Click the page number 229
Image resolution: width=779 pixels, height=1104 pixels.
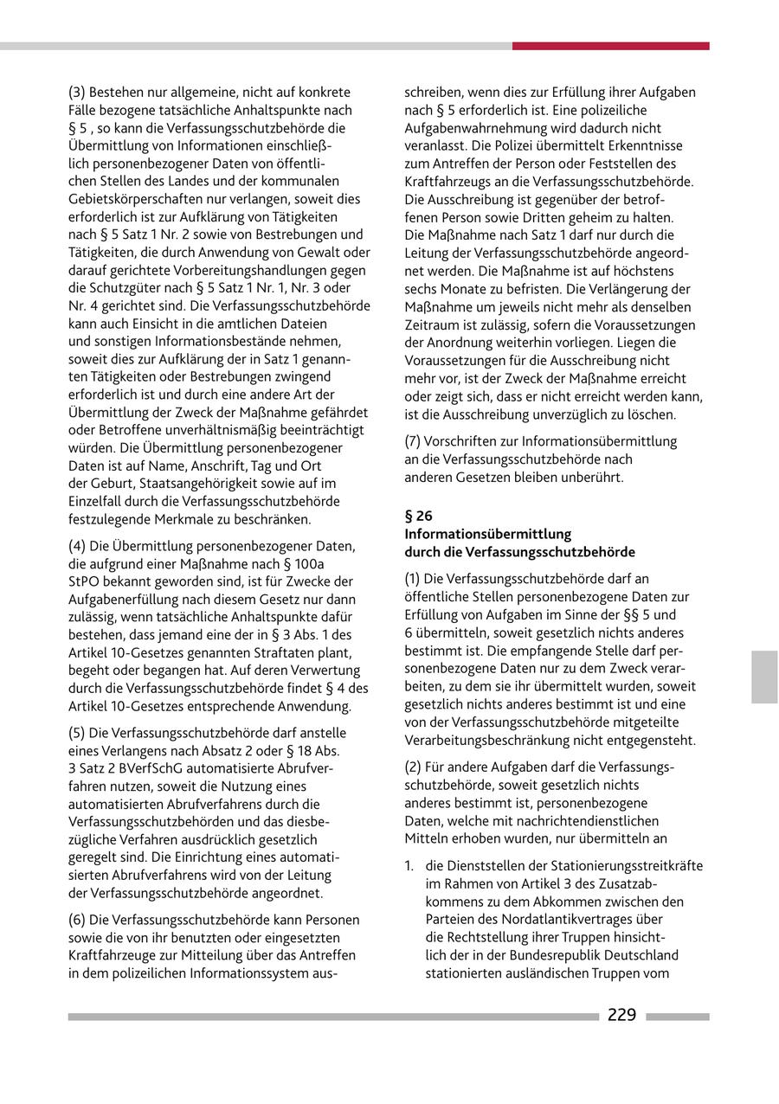[621, 1016]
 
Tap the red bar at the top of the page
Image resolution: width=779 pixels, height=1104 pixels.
[610, 46]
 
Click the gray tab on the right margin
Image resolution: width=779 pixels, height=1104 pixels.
[764, 677]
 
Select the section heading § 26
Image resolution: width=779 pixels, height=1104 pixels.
[418, 516]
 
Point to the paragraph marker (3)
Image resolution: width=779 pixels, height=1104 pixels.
[77, 92]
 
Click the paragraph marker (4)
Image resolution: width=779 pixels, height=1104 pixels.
[77, 546]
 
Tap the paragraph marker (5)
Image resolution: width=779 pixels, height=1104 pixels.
[77, 733]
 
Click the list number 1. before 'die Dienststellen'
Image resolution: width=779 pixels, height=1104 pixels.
[410, 866]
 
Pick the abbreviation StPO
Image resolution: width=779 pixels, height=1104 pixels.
[84, 581]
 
